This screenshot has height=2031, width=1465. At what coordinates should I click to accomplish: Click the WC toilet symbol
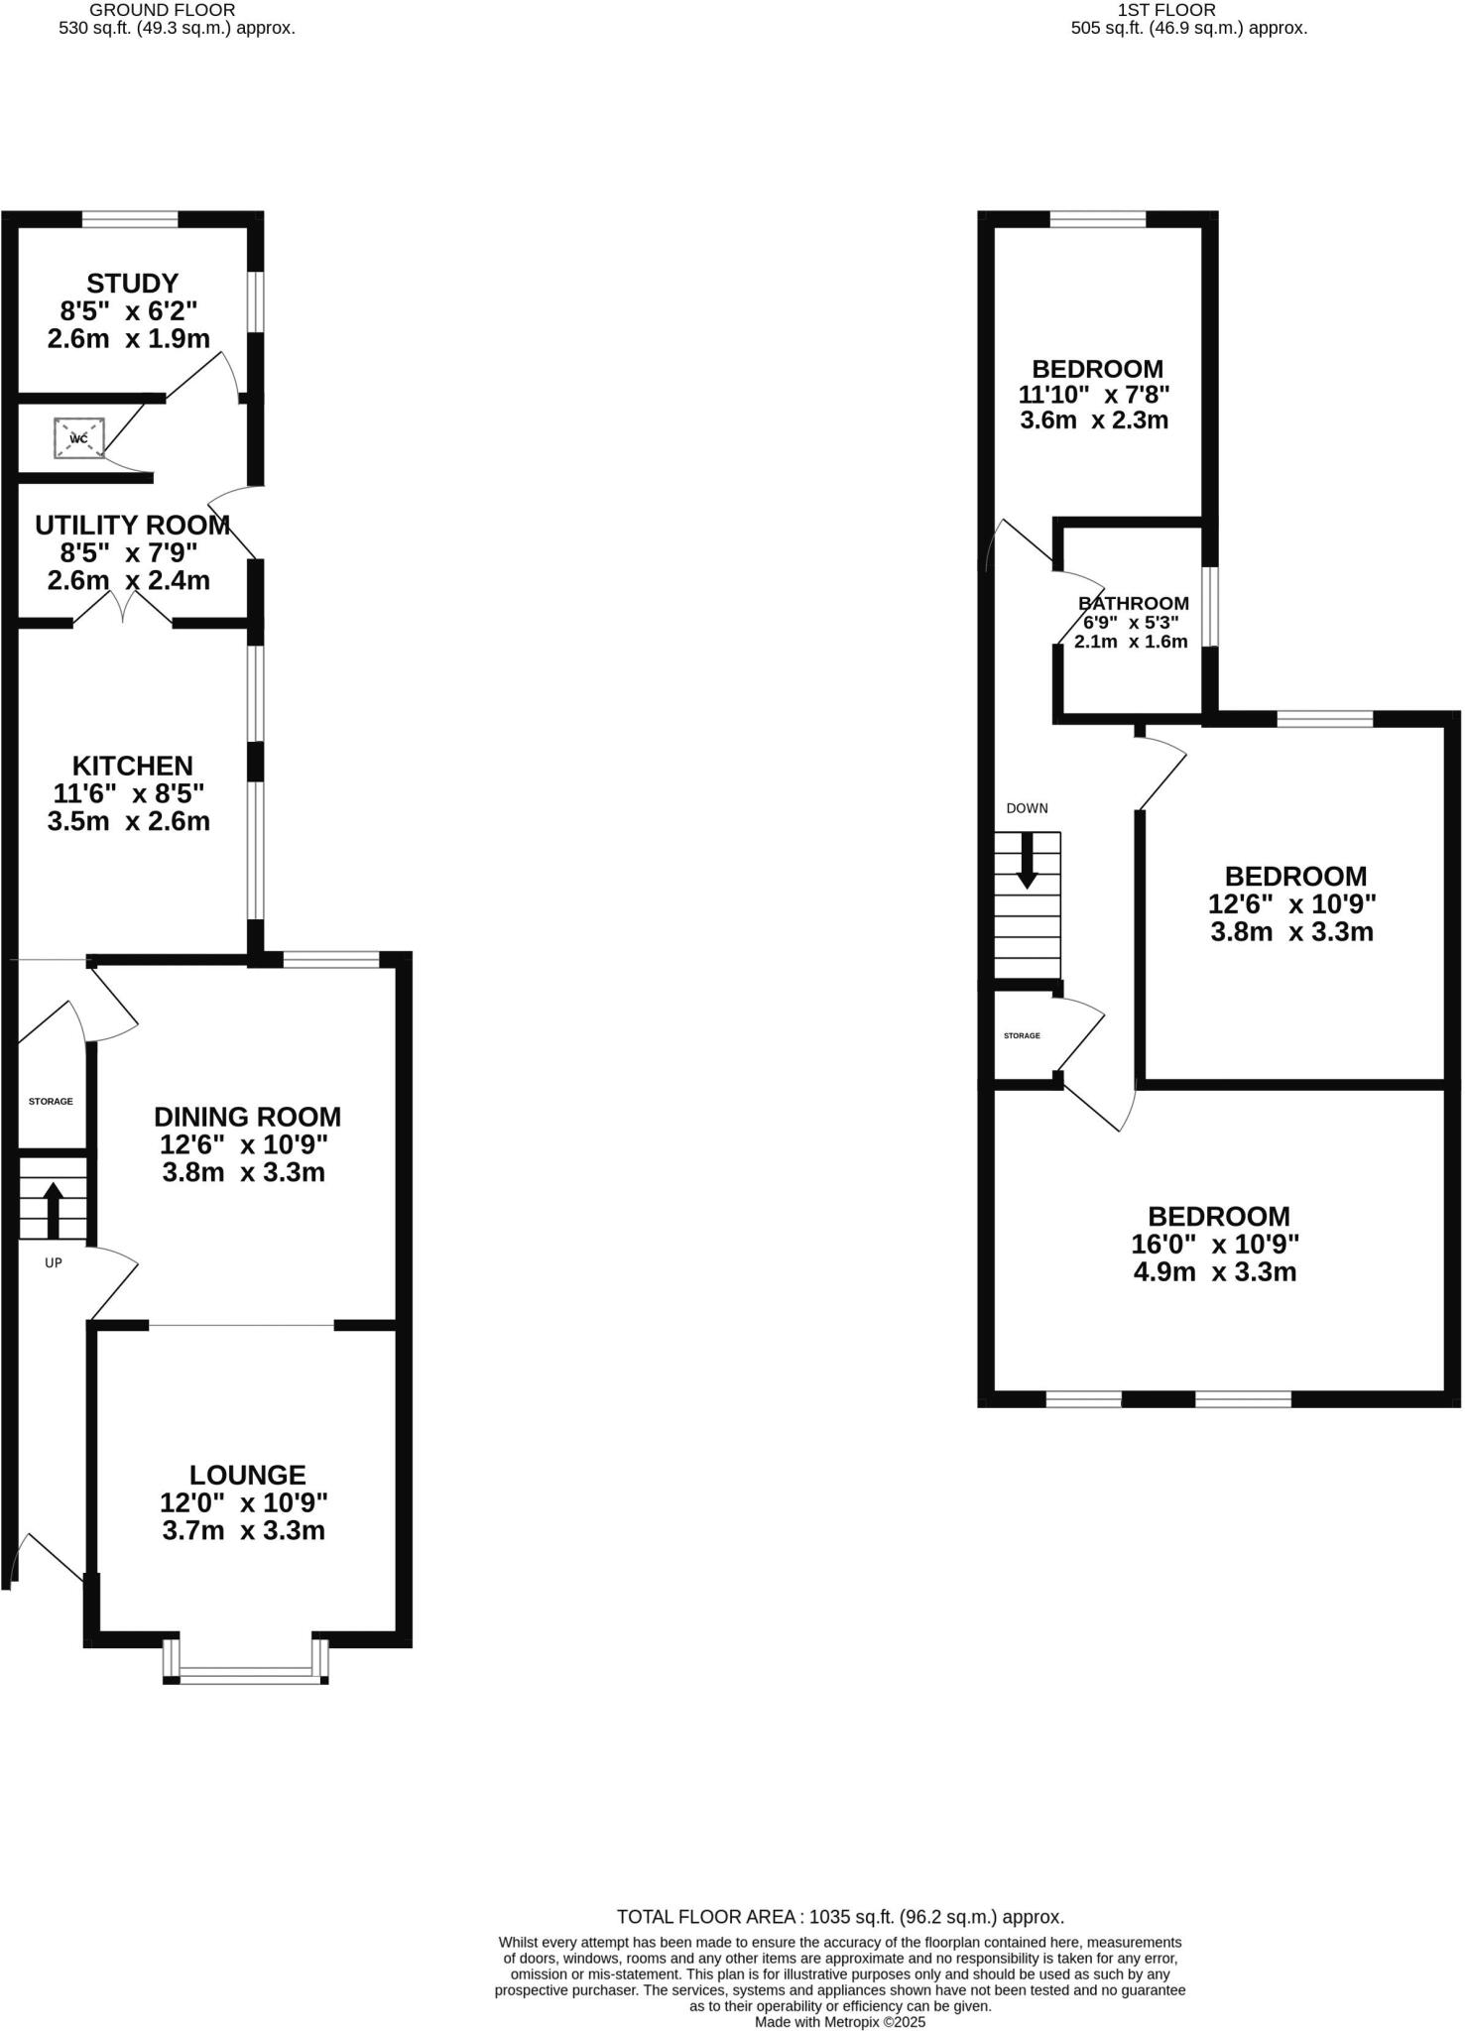tap(79, 438)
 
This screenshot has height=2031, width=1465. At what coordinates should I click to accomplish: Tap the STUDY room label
tap(132, 284)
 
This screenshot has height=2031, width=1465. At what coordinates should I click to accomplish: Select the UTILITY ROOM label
tap(132, 525)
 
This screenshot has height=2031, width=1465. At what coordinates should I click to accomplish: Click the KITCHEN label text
tap(132, 766)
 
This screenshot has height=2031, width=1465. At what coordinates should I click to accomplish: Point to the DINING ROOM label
tap(247, 1117)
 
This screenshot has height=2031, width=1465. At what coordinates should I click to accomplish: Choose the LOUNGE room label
tap(247, 1475)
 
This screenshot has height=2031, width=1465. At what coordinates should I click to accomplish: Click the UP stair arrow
tap(54, 1209)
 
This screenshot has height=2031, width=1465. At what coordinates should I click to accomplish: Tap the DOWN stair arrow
tap(1027, 859)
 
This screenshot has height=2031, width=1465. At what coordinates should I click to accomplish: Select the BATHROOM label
tap(1133, 603)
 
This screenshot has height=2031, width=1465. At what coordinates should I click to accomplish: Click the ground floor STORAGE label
tap(51, 1101)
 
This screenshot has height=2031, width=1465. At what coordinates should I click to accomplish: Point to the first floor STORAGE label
tap(1022, 1035)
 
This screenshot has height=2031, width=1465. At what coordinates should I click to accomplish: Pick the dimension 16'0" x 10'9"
tap(1215, 1244)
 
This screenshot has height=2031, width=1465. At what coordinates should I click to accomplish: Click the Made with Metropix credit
tap(839, 2021)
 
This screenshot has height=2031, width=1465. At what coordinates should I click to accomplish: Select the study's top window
tap(130, 219)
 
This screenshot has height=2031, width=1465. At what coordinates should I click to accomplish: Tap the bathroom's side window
tap(1210, 606)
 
